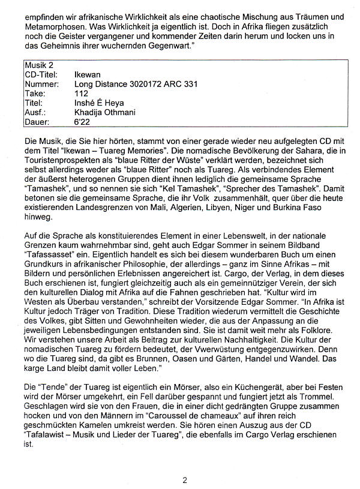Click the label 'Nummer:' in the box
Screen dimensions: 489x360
41,84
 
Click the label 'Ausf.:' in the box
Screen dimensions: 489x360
35,113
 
